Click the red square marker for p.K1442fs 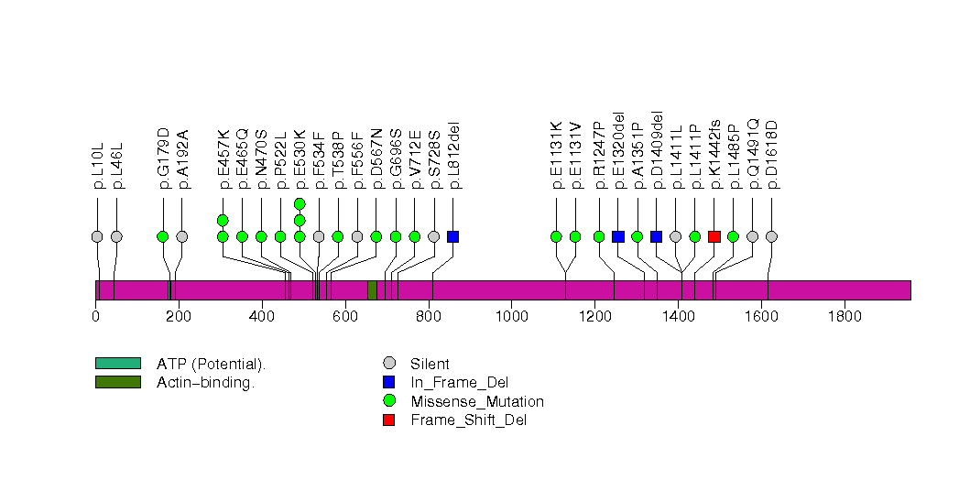[x=714, y=236]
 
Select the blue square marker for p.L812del [x=452, y=236]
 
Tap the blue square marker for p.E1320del [x=618, y=236]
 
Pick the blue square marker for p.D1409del [x=656, y=236]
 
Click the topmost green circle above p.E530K [x=300, y=203]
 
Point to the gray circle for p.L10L [x=97, y=236]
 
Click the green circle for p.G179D [x=162, y=236]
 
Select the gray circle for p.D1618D [x=771, y=236]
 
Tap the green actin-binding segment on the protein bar [x=372, y=289]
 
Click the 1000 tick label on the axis [x=511, y=317]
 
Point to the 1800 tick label [x=845, y=317]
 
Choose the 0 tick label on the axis [x=95, y=317]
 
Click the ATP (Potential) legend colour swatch [x=117, y=364]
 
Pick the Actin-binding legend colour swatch [x=117, y=382]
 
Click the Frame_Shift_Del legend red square [x=389, y=420]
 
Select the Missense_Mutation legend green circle [x=389, y=401]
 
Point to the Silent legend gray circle [x=389, y=364]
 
